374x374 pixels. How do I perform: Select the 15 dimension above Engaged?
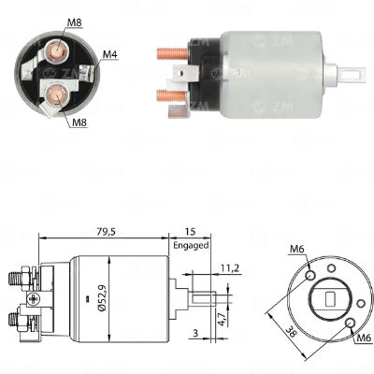[190, 232]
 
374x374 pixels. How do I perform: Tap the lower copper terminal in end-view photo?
[56, 91]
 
